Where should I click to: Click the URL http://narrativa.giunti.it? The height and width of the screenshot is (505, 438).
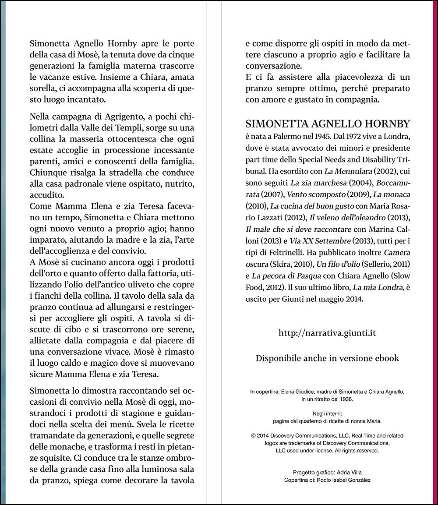coord(327,333)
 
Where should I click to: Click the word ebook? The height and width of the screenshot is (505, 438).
coord(385,358)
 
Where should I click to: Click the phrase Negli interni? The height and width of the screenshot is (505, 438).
coord(327,413)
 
